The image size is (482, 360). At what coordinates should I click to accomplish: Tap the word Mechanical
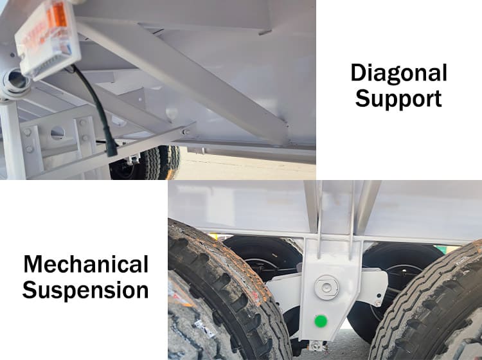pos(85,264)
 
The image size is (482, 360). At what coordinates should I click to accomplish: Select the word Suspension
pos(85,290)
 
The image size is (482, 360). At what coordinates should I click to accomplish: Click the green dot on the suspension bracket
pos(321,321)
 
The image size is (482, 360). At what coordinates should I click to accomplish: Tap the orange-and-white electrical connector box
pos(48,39)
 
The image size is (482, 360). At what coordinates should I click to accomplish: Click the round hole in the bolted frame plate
pos(57,133)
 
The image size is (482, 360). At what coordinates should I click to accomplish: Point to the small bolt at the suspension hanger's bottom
pos(315,346)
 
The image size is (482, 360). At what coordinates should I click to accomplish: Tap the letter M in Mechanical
pos(33,264)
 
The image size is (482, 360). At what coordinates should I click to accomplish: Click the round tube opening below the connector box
pos(17,80)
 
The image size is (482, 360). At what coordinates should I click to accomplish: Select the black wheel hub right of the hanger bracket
pos(400,283)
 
